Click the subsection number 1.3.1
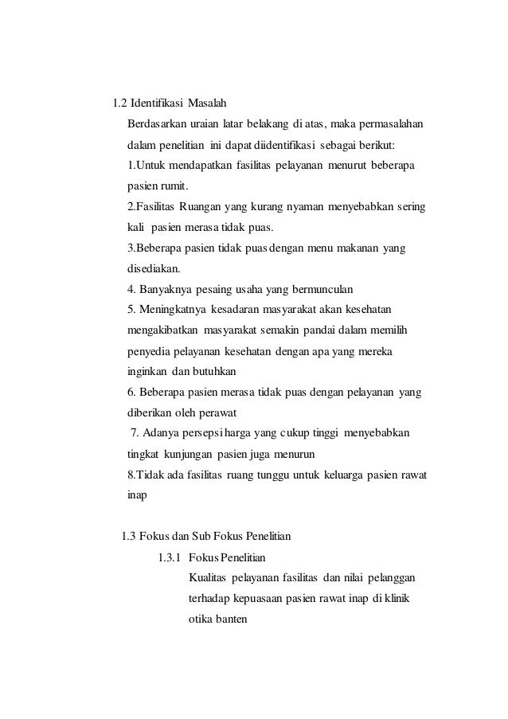[172, 556]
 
